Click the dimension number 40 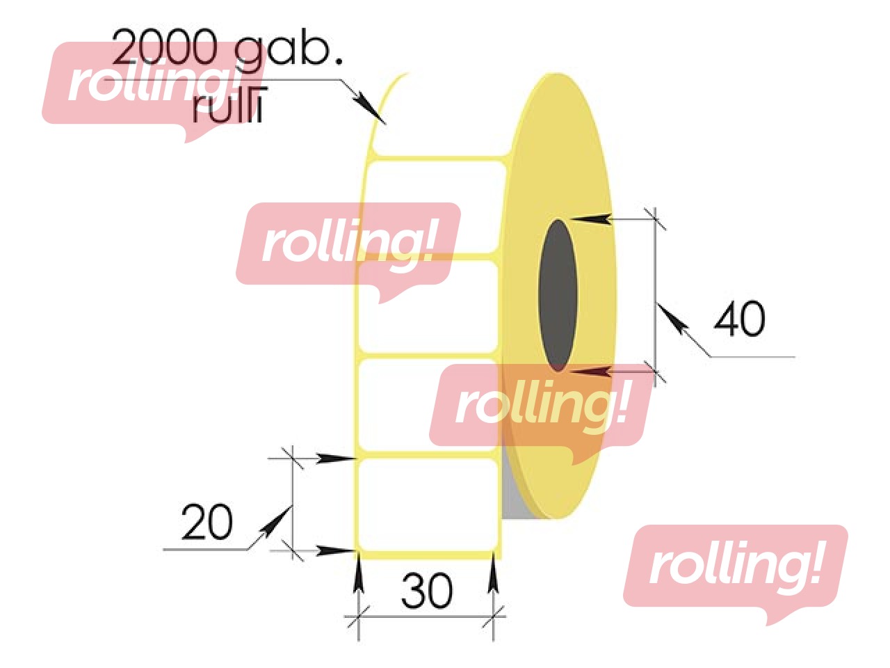click(x=739, y=319)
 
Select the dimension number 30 click(x=426, y=591)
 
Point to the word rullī click(x=228, y=109)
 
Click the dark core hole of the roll click(x=558, y=295)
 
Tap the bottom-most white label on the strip click(x=428, y=502)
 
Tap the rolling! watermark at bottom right click(x=735, y=567)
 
